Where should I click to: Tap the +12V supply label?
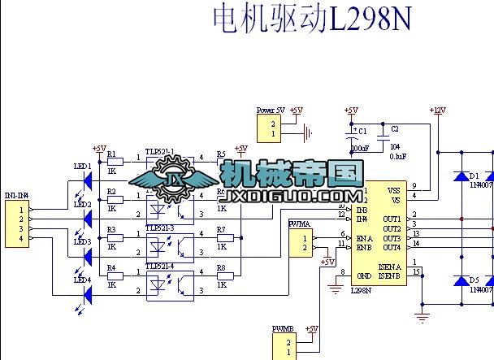coord(438,110)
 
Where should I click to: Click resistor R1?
coord(115,162)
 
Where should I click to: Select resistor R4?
coord(115,275)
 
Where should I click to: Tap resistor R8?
coord(222,275)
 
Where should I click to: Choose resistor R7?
coord(222,238)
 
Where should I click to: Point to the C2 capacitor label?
coord(395,128)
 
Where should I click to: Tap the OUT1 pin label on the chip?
coord(392,219)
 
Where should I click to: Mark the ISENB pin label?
coord(388,276)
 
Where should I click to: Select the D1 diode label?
coord(473,176)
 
